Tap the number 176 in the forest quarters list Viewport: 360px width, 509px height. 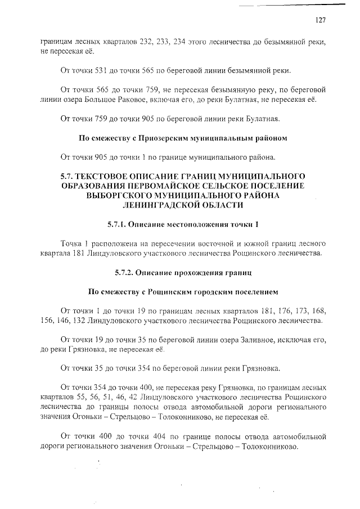tap(266, 310)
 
